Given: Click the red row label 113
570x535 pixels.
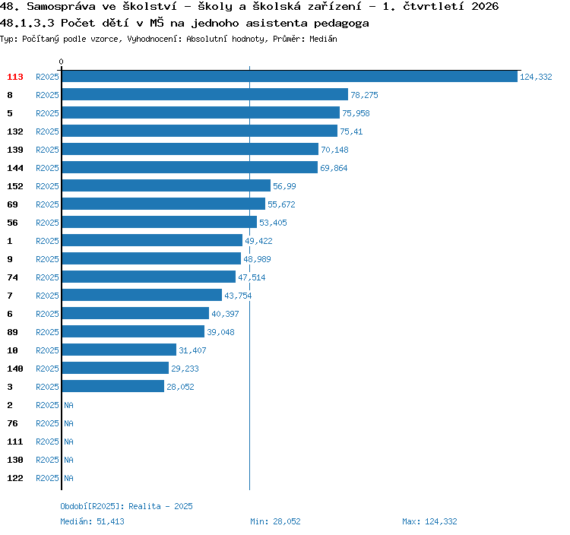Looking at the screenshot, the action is tap(15, 77).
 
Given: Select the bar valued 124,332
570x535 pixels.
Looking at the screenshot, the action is tap(290, 76).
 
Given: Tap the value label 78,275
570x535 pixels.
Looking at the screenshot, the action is tap(364, 95).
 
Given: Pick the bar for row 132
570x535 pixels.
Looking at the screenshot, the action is tap(200, 131).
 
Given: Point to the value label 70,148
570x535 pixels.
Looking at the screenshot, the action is tap(334, 150).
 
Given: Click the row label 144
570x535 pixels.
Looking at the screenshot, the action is tap(15, 168).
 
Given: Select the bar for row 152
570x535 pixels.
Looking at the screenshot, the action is tap(166, 185).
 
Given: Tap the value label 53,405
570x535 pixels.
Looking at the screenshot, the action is tap(273, 223).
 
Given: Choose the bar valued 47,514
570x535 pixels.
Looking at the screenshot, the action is tap(149, 277).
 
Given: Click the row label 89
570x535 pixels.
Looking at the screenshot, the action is tap(12, 332).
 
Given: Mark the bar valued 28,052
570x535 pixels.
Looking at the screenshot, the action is tap(113, 386).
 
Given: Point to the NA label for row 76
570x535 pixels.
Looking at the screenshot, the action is tap(68, 423).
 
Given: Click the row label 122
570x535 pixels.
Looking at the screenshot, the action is tap(15, 478).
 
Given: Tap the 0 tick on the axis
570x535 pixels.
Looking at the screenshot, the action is tap(61, 62).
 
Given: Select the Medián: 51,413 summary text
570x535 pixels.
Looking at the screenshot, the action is tap(92, 521).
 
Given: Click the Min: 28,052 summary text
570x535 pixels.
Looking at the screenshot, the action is tap(275, 521).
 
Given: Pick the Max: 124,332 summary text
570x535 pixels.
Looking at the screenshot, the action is tap(429, 521).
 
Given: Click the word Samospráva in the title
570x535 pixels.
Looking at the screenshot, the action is tap(61, 7).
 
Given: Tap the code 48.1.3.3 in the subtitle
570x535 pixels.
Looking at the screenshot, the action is tap(27, 24).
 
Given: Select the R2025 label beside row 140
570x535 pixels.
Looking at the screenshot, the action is tap(47, 369).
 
